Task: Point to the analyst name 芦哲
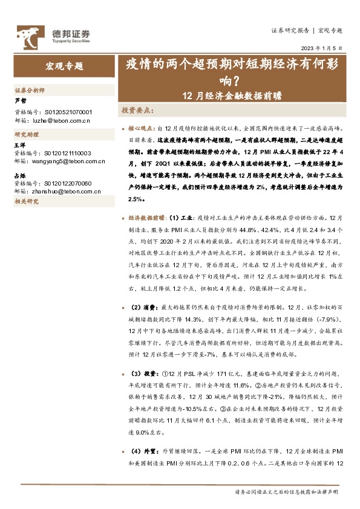(20, 101)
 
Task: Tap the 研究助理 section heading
(26, 135)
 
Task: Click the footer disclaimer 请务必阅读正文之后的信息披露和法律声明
(286, 492)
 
